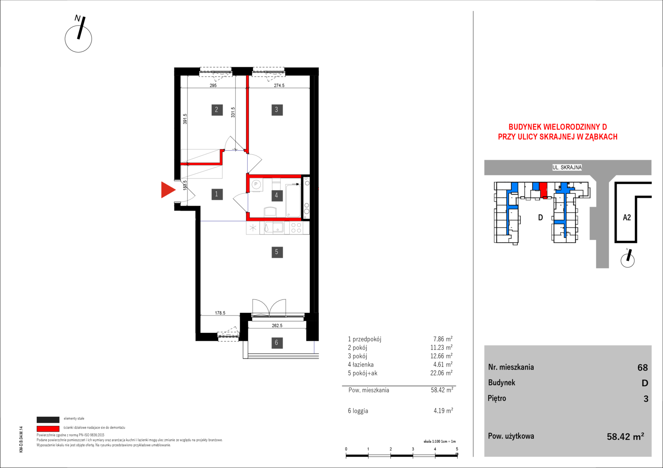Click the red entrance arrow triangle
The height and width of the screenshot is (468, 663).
(167, 190)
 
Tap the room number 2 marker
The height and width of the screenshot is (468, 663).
(217, 110)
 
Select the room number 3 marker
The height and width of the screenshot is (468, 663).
(277, 110)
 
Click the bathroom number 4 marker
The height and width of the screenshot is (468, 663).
(277, 195)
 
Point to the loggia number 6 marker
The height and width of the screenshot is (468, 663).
(277, 343)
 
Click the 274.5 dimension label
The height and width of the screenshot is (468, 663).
(279, 85)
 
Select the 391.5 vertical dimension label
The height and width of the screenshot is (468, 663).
(185, 119)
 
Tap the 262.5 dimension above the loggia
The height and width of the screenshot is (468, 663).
(277, 325)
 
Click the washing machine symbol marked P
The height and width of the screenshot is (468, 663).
(256, 185)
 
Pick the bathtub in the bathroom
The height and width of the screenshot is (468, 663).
(293, 201)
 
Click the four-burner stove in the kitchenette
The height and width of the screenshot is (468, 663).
(296, 228)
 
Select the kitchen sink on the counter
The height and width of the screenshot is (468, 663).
(274, 227)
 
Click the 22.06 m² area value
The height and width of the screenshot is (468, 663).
(441, 373)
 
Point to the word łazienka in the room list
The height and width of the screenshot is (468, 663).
(363, 364)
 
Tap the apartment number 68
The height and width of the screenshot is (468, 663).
(643, 367)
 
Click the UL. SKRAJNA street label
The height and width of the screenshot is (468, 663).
(567, 167)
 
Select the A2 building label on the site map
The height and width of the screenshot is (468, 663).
(627, 218)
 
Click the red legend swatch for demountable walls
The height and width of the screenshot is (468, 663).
(48, 429)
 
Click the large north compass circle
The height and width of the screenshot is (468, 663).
(79, 39)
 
